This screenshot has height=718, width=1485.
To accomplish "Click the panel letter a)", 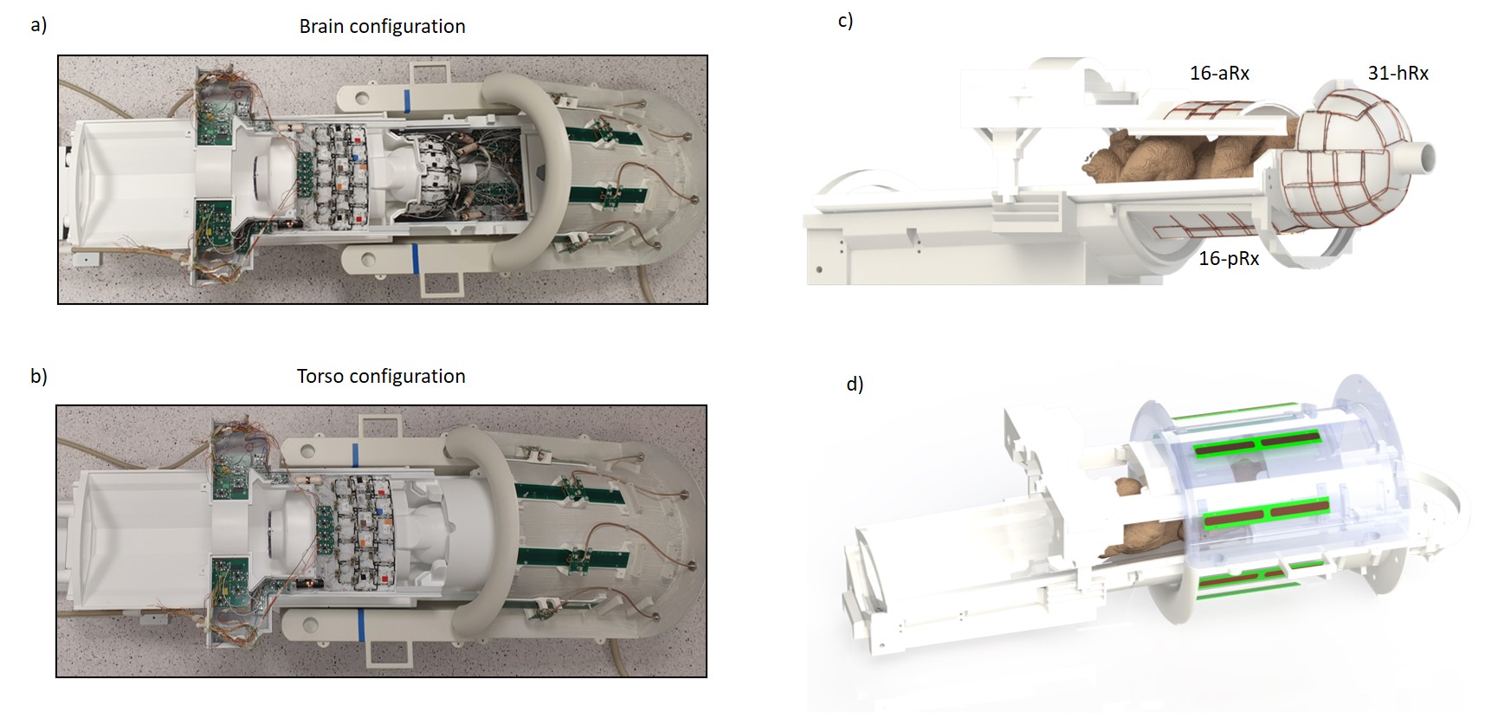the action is pos(38,25).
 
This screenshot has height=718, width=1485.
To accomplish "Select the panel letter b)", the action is pos(38,376).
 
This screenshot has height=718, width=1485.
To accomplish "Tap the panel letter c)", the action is pos(845,20).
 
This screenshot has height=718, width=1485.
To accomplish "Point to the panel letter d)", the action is pos(855,384).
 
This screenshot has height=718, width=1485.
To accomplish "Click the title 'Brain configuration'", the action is pos(382,27).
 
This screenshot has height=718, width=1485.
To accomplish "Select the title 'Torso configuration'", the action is pos(381,377).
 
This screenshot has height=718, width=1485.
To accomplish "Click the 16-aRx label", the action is pos(1219,74).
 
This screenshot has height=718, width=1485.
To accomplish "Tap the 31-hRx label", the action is pos(1398,74).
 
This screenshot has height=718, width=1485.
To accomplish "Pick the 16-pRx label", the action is pos(1229,259).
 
